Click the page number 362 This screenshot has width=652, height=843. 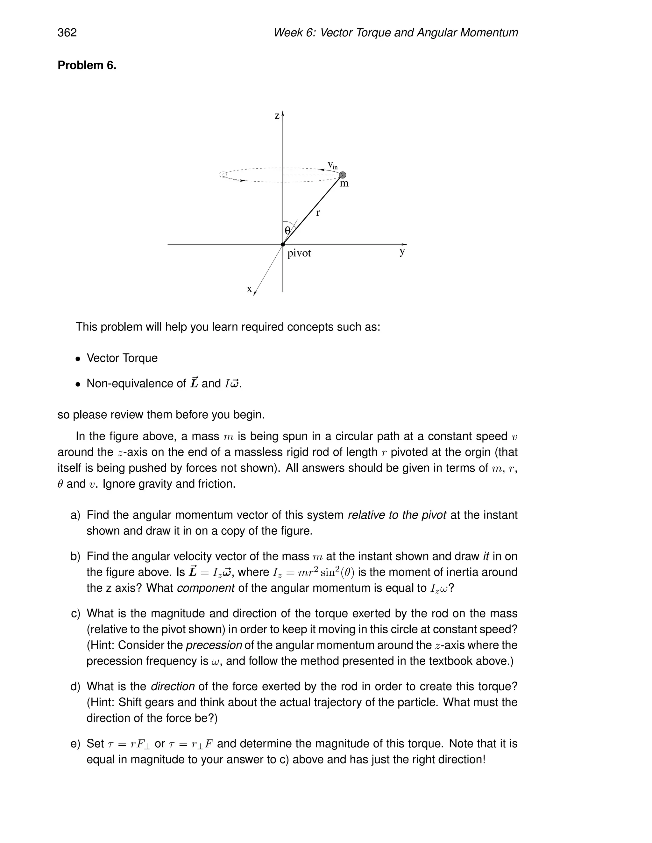click(67, 32)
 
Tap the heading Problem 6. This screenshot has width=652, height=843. click(87, 65)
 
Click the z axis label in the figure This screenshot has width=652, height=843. click(277, 116)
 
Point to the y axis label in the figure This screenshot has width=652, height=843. click(402, 252)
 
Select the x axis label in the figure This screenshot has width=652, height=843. click(250, 289)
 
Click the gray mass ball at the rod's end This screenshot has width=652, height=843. click(342, 175)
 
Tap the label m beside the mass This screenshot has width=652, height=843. click(344, 184)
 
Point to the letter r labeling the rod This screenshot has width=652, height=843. click(318, 212)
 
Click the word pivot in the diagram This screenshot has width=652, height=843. click(299, 253)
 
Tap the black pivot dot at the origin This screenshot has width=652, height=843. click(283, 244)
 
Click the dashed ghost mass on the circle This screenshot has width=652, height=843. click(223, 174)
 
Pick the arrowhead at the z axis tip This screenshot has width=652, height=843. click(283, 114)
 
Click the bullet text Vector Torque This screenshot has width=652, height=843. click(122, 358)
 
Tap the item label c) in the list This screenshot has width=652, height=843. click(76, 613)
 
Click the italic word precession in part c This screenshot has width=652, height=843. click(214, 645)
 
